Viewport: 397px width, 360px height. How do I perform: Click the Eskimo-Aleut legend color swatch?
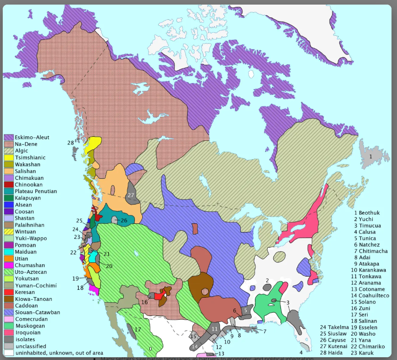[x=9, y=138]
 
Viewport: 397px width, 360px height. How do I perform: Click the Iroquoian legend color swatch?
[x=9, y=332]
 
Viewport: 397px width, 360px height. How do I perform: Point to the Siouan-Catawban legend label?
[x=37, y=312]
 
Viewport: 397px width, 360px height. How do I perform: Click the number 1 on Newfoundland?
[x=370, y=156]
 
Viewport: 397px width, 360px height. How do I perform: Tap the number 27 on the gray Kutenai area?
[x=131, y=195]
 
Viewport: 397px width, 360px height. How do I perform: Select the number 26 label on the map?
[x=124, y=221]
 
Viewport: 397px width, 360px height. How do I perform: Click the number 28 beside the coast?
[x=71, y=143]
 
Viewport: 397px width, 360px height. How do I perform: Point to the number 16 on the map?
[x=144, y=302]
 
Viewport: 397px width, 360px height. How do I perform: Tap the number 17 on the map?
[x=138, y=329]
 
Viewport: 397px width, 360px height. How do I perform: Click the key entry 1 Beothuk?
[x=367, y=213]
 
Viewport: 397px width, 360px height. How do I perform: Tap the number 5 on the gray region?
[x=245, y=310]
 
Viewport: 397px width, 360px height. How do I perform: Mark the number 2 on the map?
[x=267, y=280]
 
